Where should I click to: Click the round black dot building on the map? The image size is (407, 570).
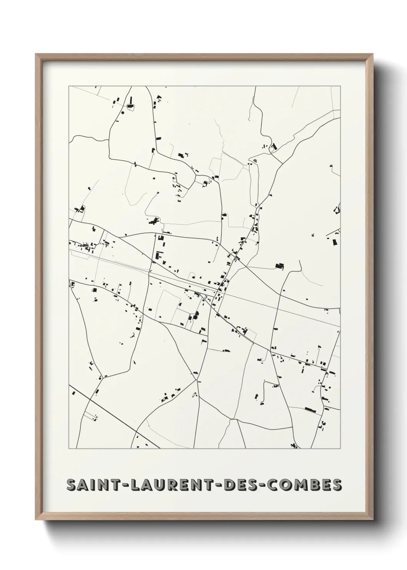123,113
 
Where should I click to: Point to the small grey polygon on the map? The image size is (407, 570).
254,159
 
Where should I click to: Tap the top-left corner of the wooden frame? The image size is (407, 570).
36,54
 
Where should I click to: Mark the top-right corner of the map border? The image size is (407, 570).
340,86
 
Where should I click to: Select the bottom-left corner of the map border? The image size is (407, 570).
69,449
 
